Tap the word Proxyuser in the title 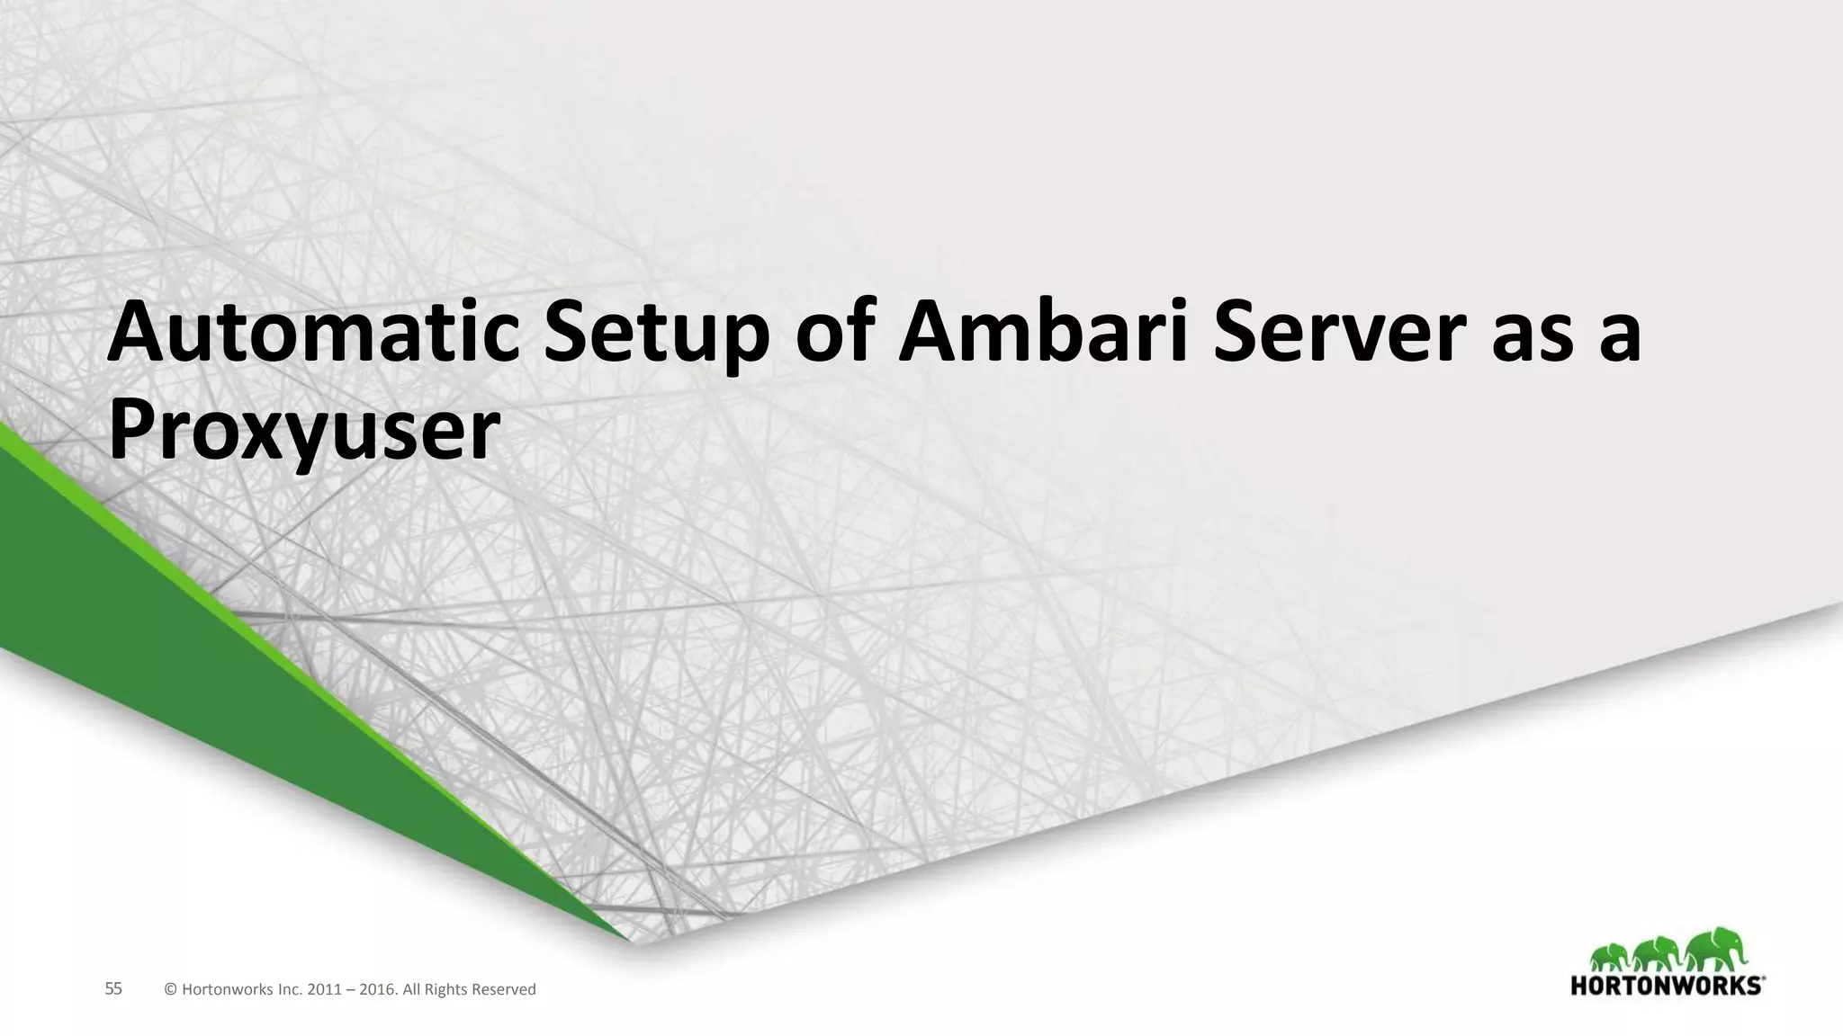pos(303,432)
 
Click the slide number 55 pos(113,989)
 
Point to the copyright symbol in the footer pos(170,990)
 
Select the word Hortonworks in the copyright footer pos(225,990)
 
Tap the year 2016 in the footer pos(376,990)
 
